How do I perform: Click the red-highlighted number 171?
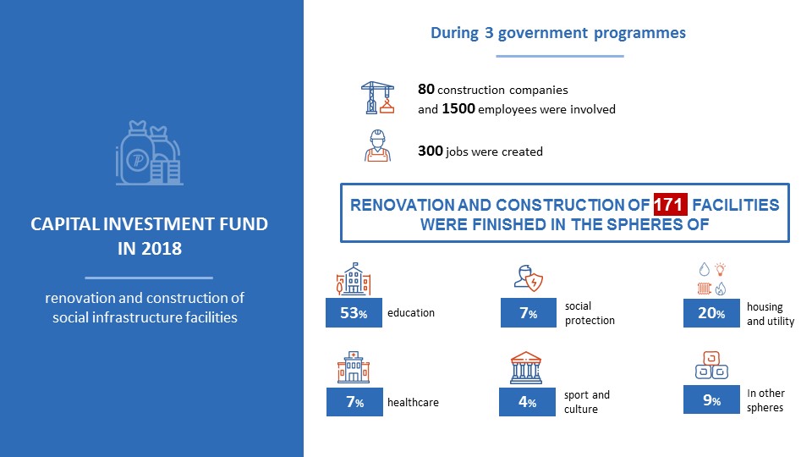670,205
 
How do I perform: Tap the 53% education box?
354,312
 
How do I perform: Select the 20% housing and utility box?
711,312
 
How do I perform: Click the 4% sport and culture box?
527,401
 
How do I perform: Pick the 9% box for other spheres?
711,399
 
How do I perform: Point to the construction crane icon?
377,97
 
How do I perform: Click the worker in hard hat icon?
377,146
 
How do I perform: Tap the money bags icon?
149,153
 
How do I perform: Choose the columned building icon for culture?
525,367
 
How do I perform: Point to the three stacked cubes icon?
711,366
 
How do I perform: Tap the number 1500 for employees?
458,109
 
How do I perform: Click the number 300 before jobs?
431,151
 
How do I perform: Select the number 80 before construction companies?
426,89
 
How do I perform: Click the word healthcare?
413,402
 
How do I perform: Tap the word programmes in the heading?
639,33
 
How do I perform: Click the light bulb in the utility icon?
721,269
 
